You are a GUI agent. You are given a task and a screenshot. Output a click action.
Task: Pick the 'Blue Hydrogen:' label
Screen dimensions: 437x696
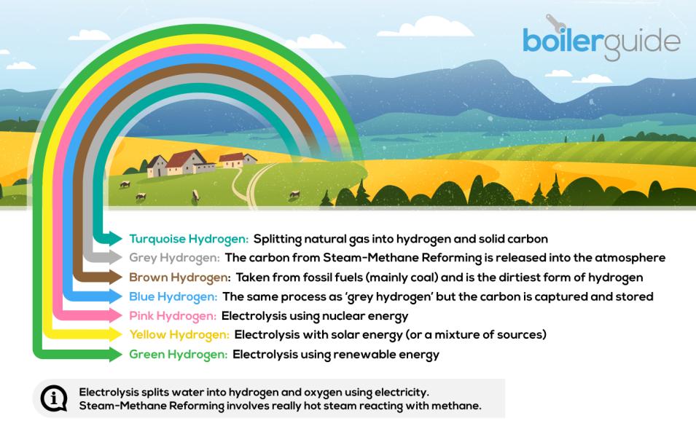173,296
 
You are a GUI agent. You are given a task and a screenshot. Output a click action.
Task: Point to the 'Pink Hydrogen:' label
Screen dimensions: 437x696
173,316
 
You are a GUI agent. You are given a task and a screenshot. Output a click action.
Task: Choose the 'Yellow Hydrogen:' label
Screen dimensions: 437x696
179,335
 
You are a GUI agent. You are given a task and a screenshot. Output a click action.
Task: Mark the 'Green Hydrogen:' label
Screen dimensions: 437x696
178,355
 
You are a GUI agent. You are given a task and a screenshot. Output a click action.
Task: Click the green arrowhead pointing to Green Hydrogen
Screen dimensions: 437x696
114,355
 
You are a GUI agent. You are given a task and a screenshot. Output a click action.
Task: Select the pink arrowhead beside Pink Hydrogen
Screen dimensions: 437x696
114,316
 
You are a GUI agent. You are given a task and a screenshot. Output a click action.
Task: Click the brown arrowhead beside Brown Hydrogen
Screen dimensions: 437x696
114,277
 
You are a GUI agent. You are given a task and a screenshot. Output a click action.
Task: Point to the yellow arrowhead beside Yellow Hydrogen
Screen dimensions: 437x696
114,335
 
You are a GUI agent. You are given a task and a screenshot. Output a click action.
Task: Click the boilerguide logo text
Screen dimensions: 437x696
601,41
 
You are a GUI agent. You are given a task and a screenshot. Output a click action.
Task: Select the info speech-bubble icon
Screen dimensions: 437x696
53,398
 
